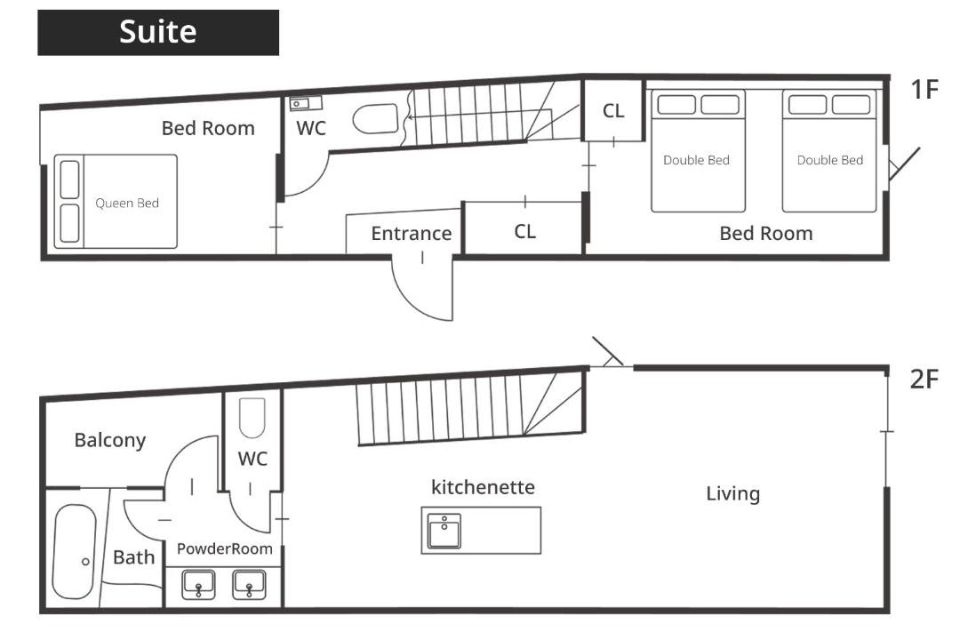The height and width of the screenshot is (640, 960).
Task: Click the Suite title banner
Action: pyautogui.click(x=158, y=33)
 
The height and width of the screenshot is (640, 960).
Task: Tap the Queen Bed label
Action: pyautogui.click(x=127, y=204)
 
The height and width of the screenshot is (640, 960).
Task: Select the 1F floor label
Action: pyautogui.click(x=924, y=90)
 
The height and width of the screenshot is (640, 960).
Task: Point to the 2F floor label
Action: pyautogui.click(x=924, y=380)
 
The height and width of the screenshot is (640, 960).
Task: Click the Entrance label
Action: pyautogui.click(x=412, y=234)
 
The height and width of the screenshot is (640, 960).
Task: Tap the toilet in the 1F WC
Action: pyautogui.click(x=375, y=118)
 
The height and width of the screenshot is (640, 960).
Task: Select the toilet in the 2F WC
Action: pyautogui.click(x=252, y=418)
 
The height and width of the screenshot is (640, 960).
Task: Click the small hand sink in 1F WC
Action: pyautogui.click(x=306, y=103)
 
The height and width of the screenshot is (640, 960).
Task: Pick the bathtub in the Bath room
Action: pyautogui.click(x=75, y=551)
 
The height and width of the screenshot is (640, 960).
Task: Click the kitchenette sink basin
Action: pyautogui.click(x=444, y=531)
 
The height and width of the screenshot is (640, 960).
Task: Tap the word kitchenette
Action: pyautogui.click(x=483, y=487)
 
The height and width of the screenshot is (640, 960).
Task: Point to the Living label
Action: pyautogui.click(x=732, y=493)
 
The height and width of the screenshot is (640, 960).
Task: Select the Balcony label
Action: pyautogui.click(x=110, y=440)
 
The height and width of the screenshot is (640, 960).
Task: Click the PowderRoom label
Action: pyautogui.click(x=225, y=548)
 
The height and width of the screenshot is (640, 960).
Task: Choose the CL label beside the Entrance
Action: pyautogui.click(x=524, y=231)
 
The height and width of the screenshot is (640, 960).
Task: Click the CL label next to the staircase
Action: pyautogui.click(x=613, y=111)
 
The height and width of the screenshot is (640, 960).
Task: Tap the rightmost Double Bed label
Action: pyautogui.click(x=829, y=161)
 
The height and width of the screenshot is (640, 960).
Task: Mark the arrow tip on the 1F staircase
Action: pyautogui.click(x=408, y=116)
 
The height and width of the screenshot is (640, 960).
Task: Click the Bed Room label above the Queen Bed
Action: pyautogui.click(x=208, y=128)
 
